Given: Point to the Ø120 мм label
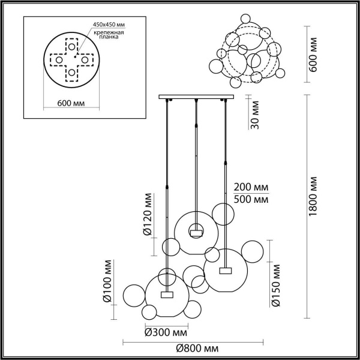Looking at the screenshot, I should pos(146,214).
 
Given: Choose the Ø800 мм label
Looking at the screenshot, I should pos(197,349).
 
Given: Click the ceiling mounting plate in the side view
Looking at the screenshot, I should pos(196,97).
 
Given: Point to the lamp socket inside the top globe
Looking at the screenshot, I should pos(196,228).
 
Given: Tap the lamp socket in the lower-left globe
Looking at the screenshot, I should pos(167,294).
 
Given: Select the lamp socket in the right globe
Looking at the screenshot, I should pos(226,271).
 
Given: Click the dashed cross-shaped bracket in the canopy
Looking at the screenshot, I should pos(71,59).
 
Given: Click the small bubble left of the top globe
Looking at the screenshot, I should pos(171,246).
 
